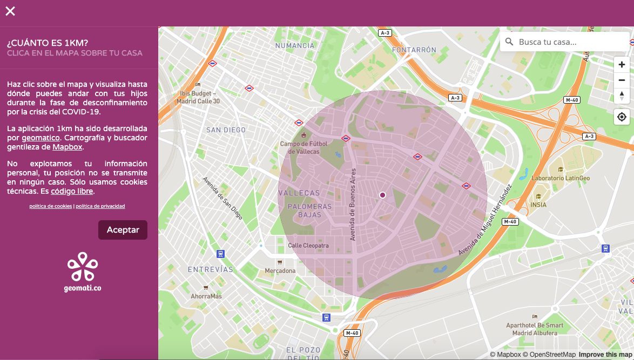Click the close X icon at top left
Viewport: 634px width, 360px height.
pyautogui.click(x=10, y=11)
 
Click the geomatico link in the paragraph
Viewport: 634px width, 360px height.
pyautogui.click(x=41, y=138)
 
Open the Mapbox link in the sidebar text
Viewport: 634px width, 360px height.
pyautogui.click(x=67, y=147)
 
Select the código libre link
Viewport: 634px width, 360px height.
pyautogui.click(x=72, y=191)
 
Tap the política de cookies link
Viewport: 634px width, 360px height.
pyautogui.click(x=50, y=206)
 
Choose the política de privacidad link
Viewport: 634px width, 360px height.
pyautogui.click(x=100, y=206)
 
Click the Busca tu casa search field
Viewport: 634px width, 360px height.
pyautogui.click(x=570, y=42)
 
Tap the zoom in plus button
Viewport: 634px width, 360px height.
pyautogui.click(x=622, y=65)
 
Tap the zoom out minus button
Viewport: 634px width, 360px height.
pyautogui.click(x=622, y=80)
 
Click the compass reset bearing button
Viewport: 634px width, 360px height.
pyautogui.click(x=622, y=96)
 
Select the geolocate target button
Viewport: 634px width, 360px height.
pyautogui.click(x=622, y=117)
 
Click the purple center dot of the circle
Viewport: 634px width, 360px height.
pyautogui.click(x=383, y=195)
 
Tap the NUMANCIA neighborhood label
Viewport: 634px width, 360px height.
pyautogui.click(x=295, y=46)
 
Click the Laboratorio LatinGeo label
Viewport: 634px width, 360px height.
pyautogui.click(x=561, y=178)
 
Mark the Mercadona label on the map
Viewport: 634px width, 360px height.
pyautogui.click(x=280, y=270)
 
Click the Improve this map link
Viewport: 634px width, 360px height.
pyautogui.click(x=605, y=355)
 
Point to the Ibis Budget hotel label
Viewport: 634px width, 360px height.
pyautogui.click(x=198, y=97)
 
